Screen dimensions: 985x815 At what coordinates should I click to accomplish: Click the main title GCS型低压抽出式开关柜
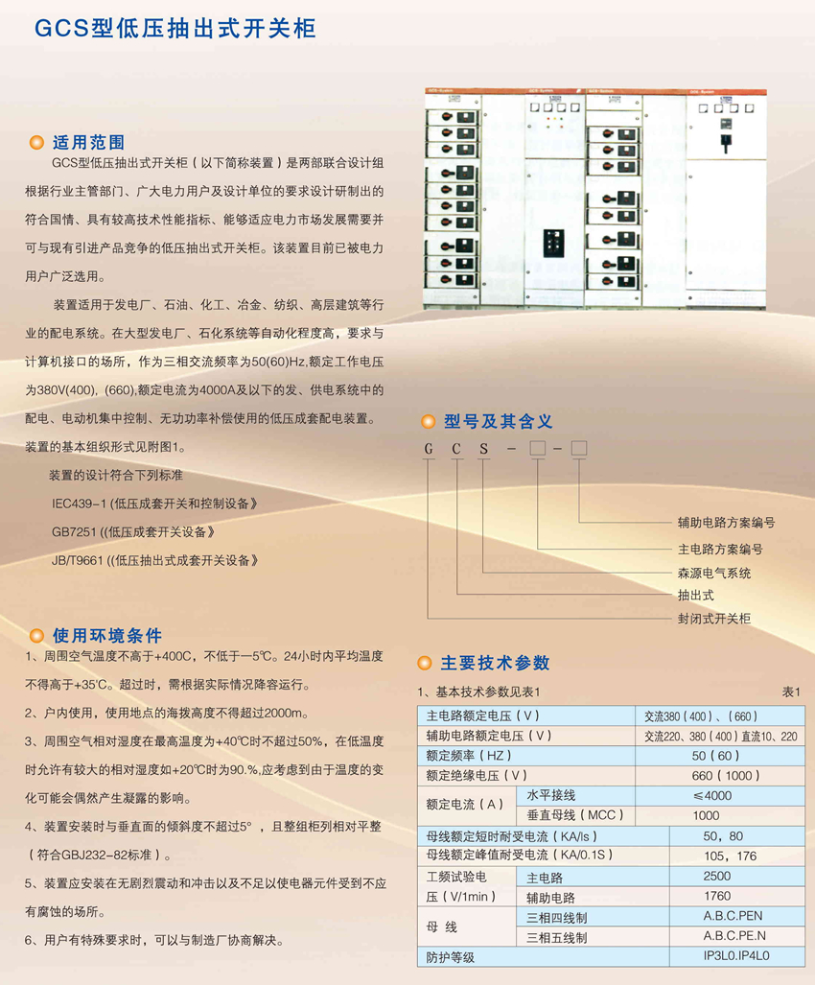pyautogui.click(x=175, y=28)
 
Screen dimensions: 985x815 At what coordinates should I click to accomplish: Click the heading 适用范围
pyautogui.click(x=88, y=142)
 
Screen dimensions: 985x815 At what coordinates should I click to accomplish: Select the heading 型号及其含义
pyautogui.click(x=498, y=421)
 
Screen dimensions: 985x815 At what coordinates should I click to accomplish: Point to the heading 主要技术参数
pyautogui.click(x=495, y=663)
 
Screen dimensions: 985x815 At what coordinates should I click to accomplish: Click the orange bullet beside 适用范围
pyautogui.click(x=36, y=143)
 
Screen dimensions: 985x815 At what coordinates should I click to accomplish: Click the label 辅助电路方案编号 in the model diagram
pyautogui.click(x=726, y=523)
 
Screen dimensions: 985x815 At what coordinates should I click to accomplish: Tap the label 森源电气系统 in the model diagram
pyautogui.click(x=714, y=573)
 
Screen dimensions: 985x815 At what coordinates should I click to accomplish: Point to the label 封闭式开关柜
pyautogui.click(x=714, y=619)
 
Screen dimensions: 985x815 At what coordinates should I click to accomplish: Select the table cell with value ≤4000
pyautogui.click(x=710, y=796)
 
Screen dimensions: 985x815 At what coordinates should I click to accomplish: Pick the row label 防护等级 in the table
pyautogui.click(x=451, y=957)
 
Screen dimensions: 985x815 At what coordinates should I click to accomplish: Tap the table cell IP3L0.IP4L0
pyautogui.click(x=736, y=956)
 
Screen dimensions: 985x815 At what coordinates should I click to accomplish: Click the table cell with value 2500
pyautogui.click(x=716, y=877)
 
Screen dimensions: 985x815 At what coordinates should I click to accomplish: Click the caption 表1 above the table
pyautogui.click(x=791, y=692)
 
